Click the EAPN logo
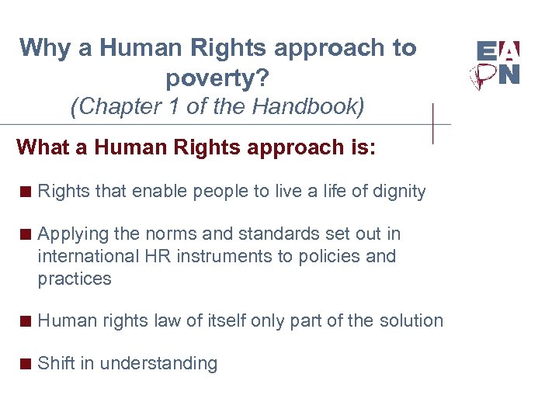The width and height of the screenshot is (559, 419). [x=498, y=64]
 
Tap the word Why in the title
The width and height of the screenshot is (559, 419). [x=45, y=48]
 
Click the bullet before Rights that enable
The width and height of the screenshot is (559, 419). [x=26, y=192]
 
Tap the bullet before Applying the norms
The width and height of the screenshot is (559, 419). [x=26, y=234]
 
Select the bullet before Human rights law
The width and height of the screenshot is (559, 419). [x=26, y=321]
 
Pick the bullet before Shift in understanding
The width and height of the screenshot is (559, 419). [x=26, y=364]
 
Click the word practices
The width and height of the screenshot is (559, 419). [x=75, y=279]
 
